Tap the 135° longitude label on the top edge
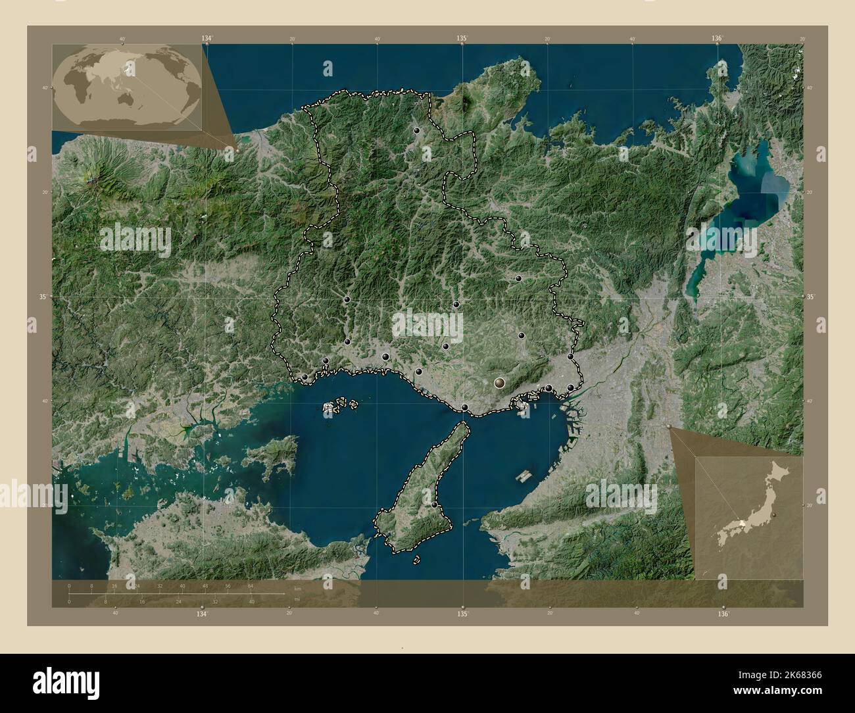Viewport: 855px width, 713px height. (462, 39)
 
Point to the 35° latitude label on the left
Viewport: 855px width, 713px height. (42, 297)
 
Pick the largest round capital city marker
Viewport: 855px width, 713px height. (501, 381)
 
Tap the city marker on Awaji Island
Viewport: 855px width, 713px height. (434, 504)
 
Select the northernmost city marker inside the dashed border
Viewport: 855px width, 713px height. (416, 131)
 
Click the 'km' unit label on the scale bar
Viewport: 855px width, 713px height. (297, 588)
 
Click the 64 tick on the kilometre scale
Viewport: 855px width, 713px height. (251, 585)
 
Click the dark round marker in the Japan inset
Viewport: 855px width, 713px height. (775, 514)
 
